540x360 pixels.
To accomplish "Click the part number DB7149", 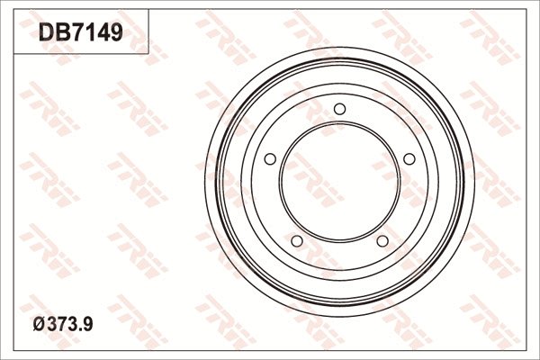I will coord(79,33).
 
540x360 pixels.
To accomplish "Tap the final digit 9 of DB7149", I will coord(115,33).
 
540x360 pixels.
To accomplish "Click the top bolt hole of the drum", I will coord(339,109).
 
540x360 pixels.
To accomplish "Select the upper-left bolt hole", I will coord(269,159).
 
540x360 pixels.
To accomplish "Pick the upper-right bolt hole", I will coord(409,159).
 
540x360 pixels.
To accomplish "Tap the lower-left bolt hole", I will coord(296,240).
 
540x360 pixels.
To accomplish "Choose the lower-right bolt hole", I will coord(382,240).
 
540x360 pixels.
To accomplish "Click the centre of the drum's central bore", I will coord(339,182).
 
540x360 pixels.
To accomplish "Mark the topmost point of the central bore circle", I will coord(339,122).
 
